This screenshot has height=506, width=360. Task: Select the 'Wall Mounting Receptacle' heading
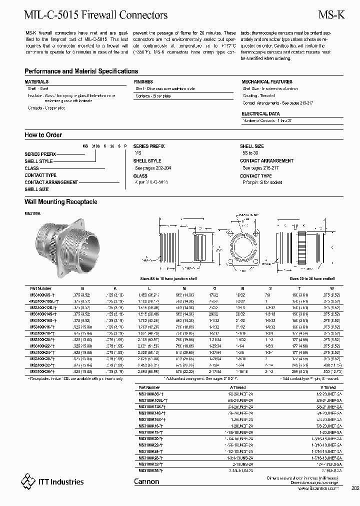tap(60, 202)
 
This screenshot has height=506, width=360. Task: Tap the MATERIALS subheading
tap(36, 81)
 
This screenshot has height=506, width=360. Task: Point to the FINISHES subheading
tap(143, 81)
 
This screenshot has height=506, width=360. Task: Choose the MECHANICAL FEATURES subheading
tap(267, 81)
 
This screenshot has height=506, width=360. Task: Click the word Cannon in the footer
tap(146, 481)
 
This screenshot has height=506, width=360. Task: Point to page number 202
tap(355, 488)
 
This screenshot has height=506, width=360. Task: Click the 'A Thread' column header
tap(237, 387)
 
